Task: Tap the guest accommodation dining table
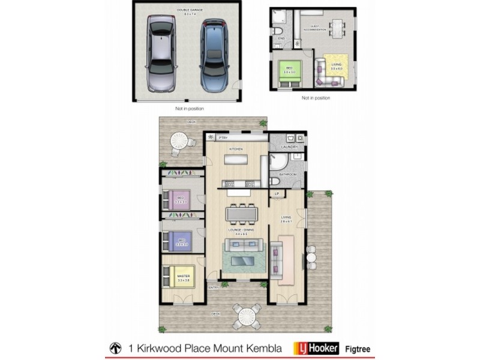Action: (x=333, y=28)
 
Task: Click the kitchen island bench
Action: (x=236, y=159)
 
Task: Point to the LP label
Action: (x=277, y=194)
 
